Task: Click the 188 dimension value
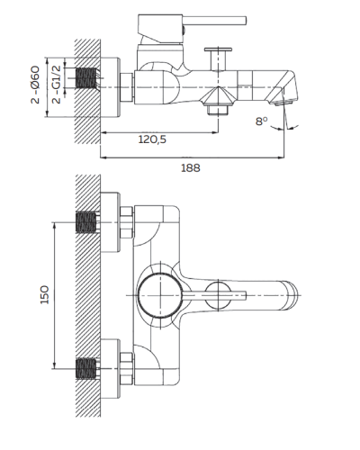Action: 191,167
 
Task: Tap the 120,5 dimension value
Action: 152,139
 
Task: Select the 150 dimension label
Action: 45,295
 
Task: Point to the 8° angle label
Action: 261,121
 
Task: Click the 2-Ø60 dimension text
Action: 35,85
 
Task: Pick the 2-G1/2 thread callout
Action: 56,84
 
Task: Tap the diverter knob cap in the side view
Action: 218,49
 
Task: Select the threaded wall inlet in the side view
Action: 85,78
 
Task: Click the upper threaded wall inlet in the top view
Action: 86,222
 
